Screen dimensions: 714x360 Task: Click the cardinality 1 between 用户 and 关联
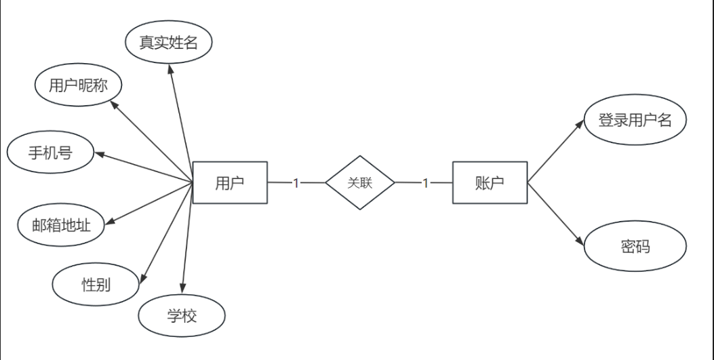(x=296, y=183)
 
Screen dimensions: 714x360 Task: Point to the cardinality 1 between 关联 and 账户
(x=425, y=183)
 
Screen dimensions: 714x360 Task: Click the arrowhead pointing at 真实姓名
(x=170, y=68)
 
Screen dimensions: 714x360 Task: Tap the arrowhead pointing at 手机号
(x=99, y=155)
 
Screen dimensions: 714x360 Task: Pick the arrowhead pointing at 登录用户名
(x=580, y=124)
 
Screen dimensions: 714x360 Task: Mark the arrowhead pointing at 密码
(x=579, y=241)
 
